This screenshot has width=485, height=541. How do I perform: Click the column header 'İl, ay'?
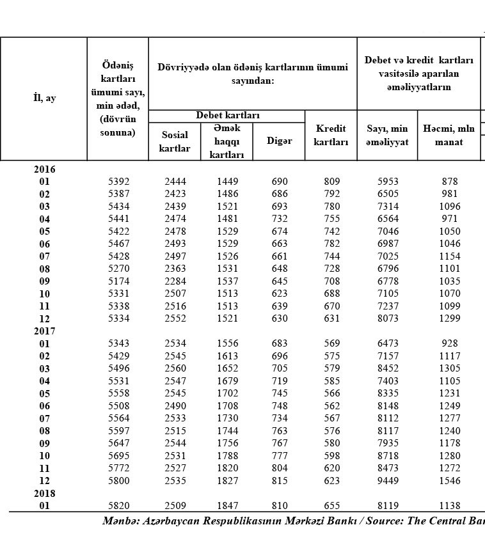(x=44, y=98)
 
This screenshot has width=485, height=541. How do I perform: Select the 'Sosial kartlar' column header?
(x=175, y=141)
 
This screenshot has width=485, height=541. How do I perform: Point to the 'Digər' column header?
(x=279, y=141)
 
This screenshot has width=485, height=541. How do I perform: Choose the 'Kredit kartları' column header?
(x=331, y=135)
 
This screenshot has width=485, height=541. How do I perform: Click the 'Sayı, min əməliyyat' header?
(x=387, y=135)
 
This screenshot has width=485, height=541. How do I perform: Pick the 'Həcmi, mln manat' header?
(x=449, y=135)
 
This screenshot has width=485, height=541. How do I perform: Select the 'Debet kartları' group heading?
(x=227, y=116)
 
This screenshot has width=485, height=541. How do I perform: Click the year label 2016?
(x=44, y=169)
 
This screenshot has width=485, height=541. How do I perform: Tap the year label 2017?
(x=44, y=331)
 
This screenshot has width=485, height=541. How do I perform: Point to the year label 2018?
(x=44, y=494)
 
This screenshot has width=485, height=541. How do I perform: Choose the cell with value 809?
(x=332, y=182)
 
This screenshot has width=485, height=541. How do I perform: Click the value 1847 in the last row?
(x=227, y=506)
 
